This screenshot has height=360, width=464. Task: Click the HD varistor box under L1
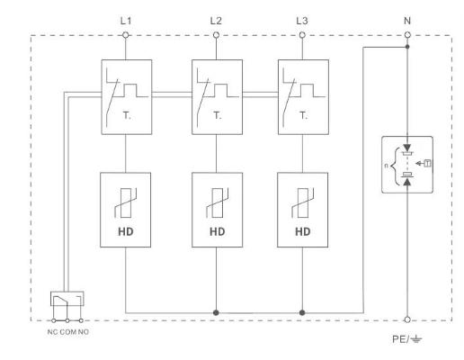point(127,210)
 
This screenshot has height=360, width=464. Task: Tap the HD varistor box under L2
point(215,210)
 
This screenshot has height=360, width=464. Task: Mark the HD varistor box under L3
point(302,210)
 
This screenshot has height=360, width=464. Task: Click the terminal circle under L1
point(127,35)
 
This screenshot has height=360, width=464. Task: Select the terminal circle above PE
point(408,319)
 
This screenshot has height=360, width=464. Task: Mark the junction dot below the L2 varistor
point(215,312)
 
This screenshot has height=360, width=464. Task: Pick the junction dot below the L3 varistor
point(302,312)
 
